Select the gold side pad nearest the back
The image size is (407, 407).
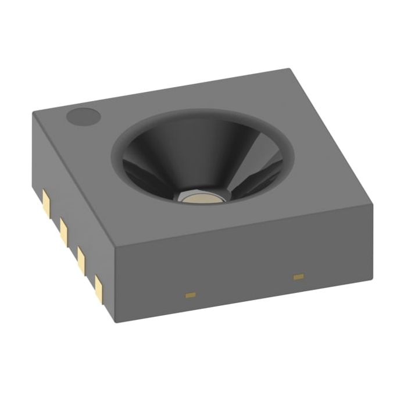pos(46,200)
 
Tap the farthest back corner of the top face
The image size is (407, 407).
pos(288,69)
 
